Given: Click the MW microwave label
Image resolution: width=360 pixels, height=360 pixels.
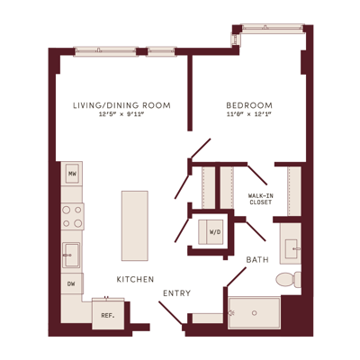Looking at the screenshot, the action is (x=72, y=174).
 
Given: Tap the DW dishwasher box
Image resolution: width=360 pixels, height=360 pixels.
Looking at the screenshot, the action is (x=72, y=283).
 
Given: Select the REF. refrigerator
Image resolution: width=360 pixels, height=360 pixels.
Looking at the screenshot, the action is (x=108, y=315).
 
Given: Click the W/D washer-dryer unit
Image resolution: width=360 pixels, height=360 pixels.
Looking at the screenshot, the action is (x=211, y=232).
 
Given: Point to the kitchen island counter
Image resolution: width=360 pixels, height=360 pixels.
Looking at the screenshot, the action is (x=135, y=226).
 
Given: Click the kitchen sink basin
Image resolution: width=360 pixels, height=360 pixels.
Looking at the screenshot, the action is (x=71, y=255).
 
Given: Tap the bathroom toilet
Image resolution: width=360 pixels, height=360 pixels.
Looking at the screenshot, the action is (x=288, y=280).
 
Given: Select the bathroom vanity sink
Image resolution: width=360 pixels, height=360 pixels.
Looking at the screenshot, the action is (x=291, y=248).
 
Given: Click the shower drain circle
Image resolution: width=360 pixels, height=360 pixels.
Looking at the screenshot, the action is (x=255, y=313).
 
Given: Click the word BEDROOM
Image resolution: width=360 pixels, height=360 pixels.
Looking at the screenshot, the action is (x=249, y=105).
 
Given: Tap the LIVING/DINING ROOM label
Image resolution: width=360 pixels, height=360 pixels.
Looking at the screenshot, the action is (x=121, y=105).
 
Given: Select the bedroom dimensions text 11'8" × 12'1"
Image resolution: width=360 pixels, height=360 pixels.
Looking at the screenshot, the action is (x=249, y=114).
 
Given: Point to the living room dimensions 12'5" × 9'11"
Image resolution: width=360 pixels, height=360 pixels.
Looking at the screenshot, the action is (x=121, y=114).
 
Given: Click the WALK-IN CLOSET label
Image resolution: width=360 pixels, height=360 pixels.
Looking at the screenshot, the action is (x=261, y=199).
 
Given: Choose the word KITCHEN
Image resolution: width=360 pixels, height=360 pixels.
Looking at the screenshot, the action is (x=135, y=280).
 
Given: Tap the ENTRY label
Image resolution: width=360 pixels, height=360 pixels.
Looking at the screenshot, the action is (x=176, y=293).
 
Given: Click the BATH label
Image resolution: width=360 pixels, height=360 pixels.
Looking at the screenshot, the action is (x=257, y=260).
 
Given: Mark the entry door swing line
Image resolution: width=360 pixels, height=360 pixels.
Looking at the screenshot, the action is (x=170, y=313).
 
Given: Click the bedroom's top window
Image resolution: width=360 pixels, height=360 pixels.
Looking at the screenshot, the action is (x=273, y=27).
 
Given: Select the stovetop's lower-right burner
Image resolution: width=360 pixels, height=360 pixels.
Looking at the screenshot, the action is (x=78, y=223).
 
